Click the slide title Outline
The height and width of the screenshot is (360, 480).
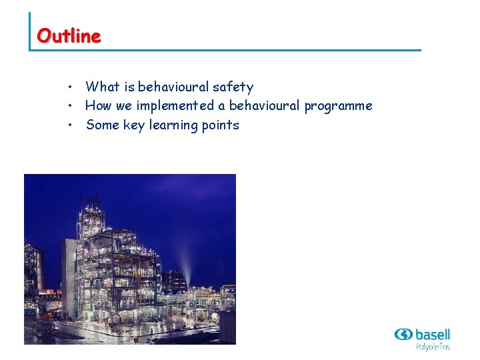click(69, 35)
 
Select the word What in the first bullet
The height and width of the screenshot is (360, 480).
click(102, 87)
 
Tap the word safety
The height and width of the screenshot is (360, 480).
click(233, 87)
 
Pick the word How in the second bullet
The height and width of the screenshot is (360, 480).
click(99, 106)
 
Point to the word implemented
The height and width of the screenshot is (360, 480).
click(176, 106)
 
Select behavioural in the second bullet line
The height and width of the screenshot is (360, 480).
click(264, 106)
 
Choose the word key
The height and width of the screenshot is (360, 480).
click(134, 125)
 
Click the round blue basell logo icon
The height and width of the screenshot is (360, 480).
click(403, 334)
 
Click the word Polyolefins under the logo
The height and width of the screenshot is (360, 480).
click(433, 347)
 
